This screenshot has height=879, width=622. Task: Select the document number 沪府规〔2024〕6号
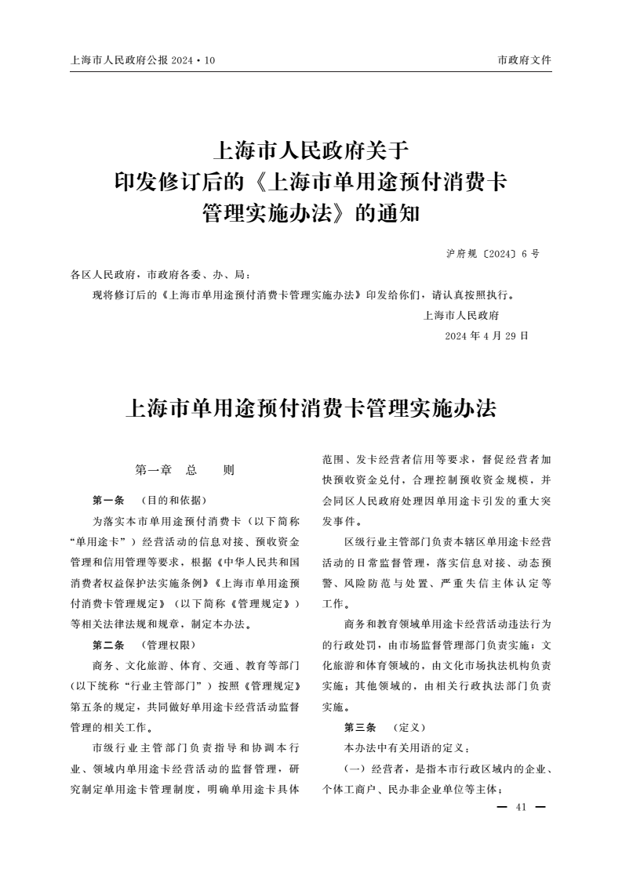click(493, 254)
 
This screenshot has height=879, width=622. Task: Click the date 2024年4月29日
click(486, 336)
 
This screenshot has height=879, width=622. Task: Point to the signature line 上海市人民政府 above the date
click(461, 316)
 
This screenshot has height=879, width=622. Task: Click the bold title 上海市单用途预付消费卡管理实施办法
click(311, 409)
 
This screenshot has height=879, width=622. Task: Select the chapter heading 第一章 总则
click(185, 471)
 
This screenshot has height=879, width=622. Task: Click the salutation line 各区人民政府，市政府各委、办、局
click(160, 275)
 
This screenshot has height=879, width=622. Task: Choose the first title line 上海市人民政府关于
click(311, 149)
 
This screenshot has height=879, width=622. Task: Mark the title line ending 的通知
click(311, 212)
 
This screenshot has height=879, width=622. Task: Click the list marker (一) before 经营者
click(356, 769)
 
